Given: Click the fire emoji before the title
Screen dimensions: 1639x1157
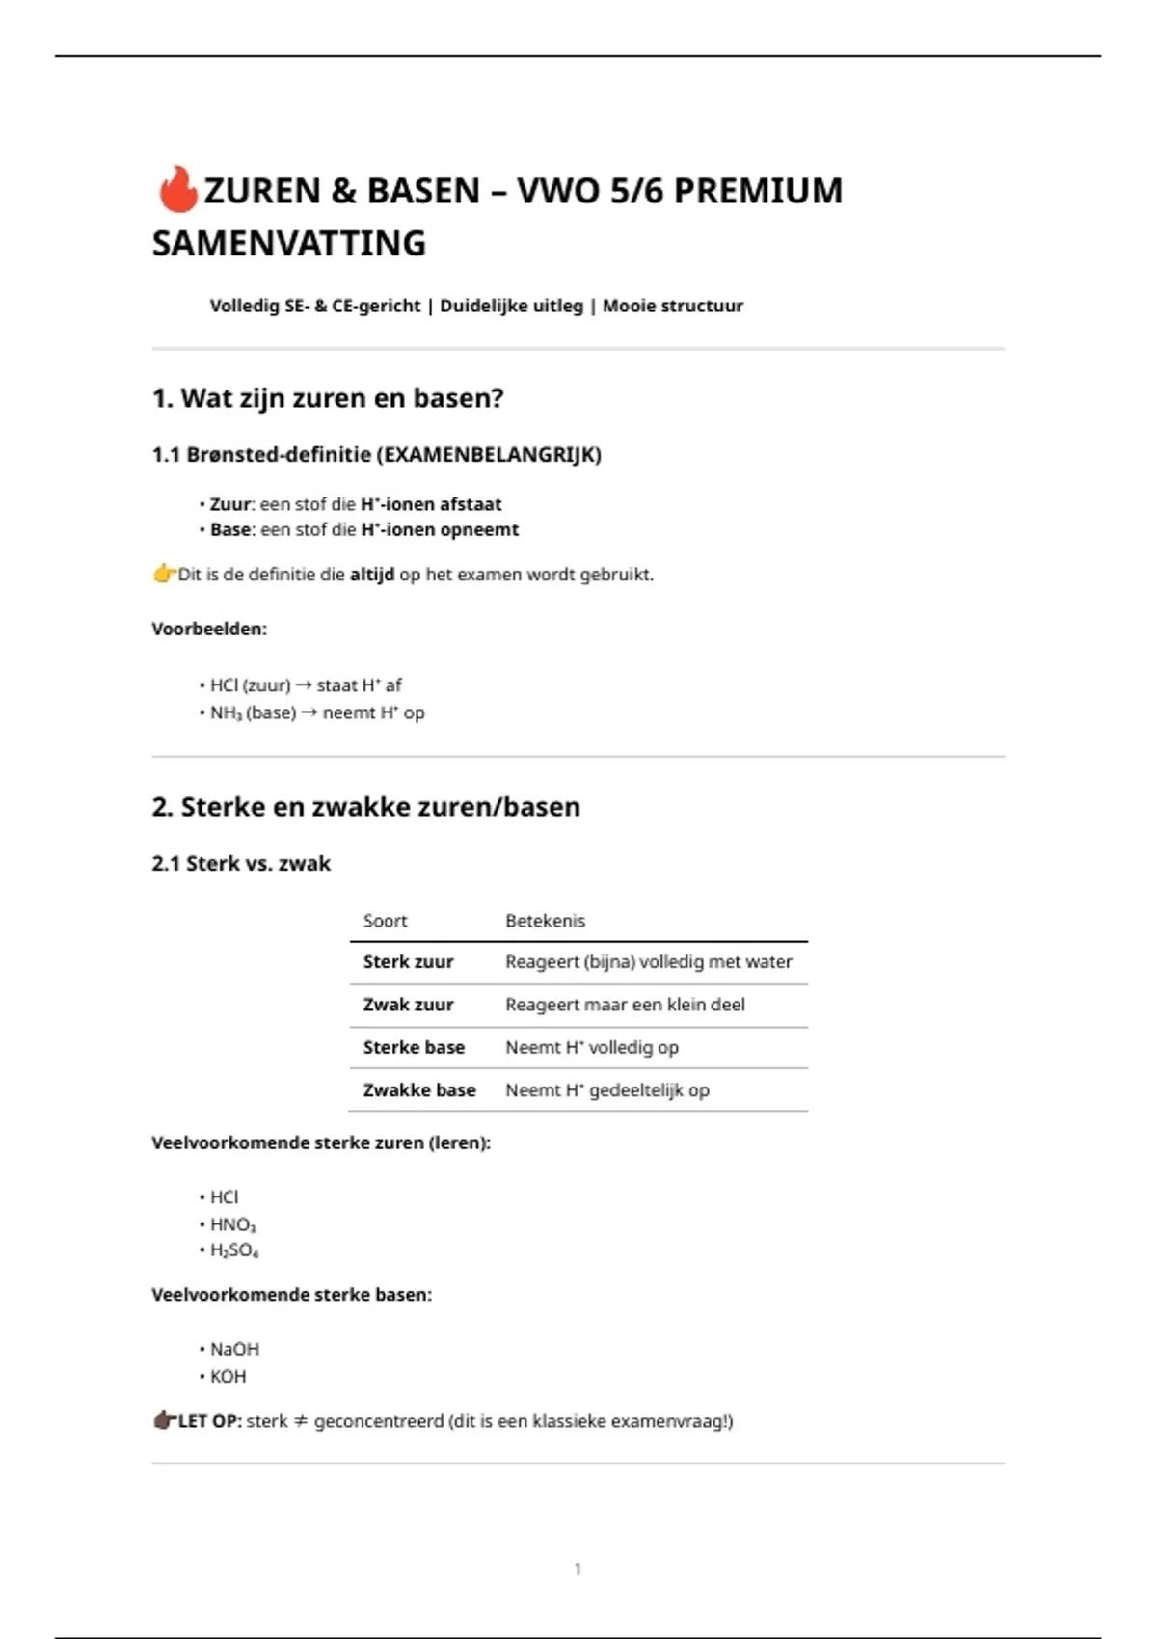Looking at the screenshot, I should tap(176, 189).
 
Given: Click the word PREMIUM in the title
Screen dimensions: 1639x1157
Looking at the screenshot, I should tap(758, 191).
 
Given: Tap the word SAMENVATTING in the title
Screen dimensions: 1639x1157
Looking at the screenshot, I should tap(288, 243).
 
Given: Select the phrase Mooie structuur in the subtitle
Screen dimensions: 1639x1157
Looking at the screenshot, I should tap(672, 306).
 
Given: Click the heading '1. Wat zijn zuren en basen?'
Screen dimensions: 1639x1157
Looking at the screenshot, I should tap(328, 398).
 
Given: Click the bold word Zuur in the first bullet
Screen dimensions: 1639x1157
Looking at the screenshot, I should tap(230, 504).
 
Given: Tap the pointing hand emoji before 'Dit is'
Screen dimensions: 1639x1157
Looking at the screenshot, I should tap(164, 575).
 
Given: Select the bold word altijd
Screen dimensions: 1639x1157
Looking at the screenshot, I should tap(371, 575).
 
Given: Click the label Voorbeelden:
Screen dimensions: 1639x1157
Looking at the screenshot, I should tap(209, 629).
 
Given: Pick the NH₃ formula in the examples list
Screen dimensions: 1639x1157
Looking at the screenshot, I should tap(226, 713).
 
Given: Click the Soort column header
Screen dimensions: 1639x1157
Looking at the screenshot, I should tap(385, 921).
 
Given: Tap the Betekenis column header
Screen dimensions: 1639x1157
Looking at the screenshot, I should tap(545, 921).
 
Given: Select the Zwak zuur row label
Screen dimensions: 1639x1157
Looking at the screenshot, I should tap(408, 1005).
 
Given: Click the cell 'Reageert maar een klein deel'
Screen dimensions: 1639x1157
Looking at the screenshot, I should tap(625, 1005).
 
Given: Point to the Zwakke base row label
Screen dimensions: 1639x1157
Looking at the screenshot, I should tap(419, 1090).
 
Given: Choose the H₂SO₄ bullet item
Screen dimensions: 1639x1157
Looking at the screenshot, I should tap(234, 1250).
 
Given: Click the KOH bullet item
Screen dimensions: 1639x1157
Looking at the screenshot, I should tap(228, 1376).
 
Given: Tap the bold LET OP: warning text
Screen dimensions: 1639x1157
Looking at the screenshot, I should tap(209, 1421).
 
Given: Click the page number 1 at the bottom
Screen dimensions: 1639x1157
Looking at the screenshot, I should tap(578, 1569).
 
